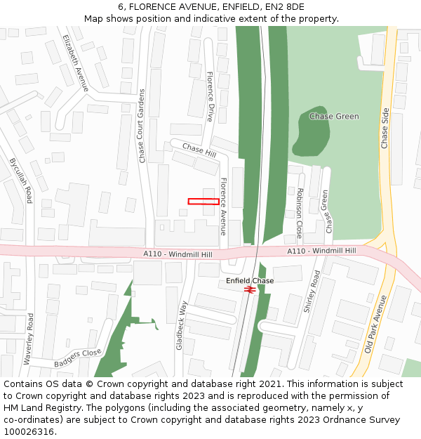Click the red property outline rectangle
click(203, 202)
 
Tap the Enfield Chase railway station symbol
click(249, 289)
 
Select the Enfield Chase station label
click(250, 280)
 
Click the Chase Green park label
click(334, 117)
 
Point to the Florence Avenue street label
click(224, 206)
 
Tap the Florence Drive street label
click(210, 96)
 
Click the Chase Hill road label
click(199, 150)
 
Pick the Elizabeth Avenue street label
click(75, 63)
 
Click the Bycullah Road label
click(21, 181)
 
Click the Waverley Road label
click(29, 339)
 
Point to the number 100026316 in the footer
click(29, 432)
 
